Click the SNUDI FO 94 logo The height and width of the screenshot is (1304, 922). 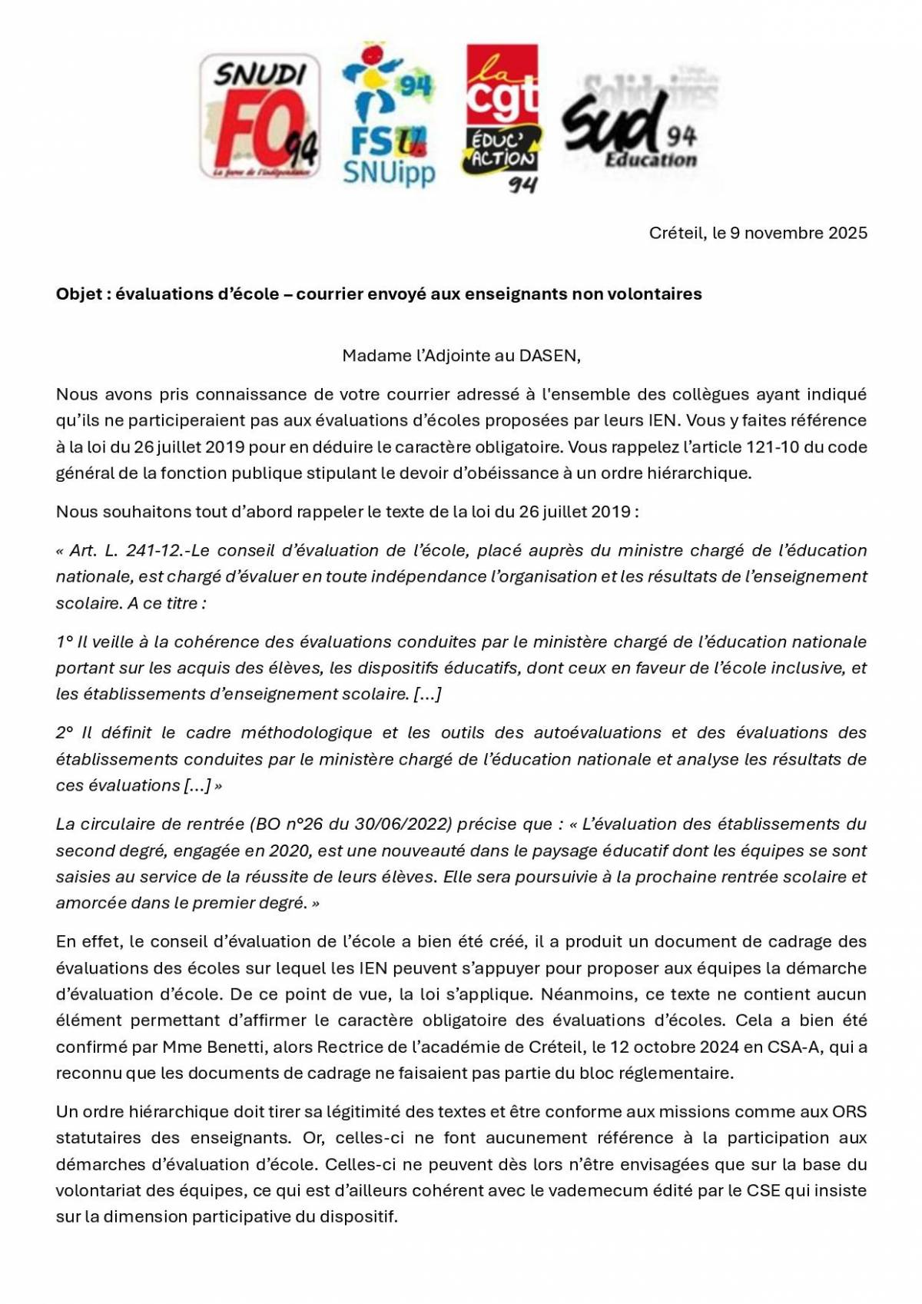pyautogui.click(x=259, y=117)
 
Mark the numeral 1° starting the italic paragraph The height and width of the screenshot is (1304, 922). pyautogui.click(x=64, y=642)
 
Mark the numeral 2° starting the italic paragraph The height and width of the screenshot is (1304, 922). pyautogui.click(x=65, y=733)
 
